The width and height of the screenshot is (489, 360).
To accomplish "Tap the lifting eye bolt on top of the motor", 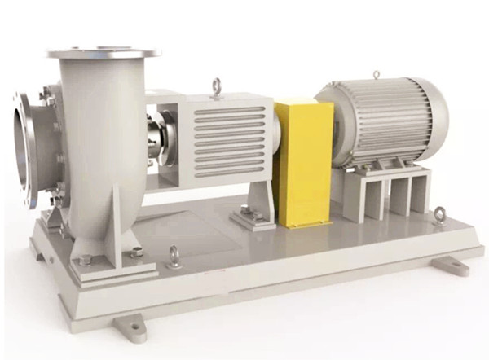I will click(375, 75).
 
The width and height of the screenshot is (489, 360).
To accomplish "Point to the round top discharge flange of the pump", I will click(104, 54).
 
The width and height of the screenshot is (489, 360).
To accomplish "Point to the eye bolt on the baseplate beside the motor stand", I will click(441, 215).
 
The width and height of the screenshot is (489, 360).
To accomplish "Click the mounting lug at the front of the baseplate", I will click(131, 327).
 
